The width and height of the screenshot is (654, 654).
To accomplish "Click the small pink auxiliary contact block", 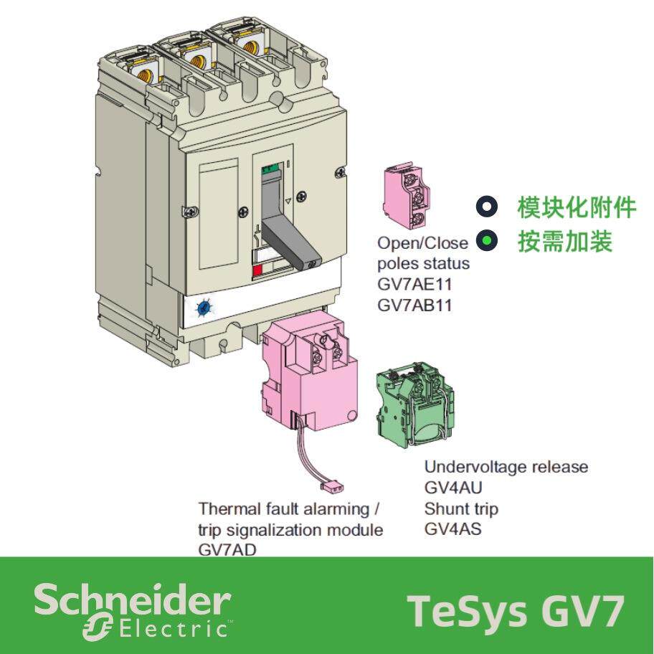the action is point(407,194).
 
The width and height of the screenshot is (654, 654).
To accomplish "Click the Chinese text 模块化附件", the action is point(576,208).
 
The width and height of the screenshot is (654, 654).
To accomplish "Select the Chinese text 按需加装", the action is point(565,242).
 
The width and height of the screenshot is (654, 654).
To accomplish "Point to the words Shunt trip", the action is point(461,508).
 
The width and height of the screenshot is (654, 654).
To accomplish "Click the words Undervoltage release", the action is point(506,467).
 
